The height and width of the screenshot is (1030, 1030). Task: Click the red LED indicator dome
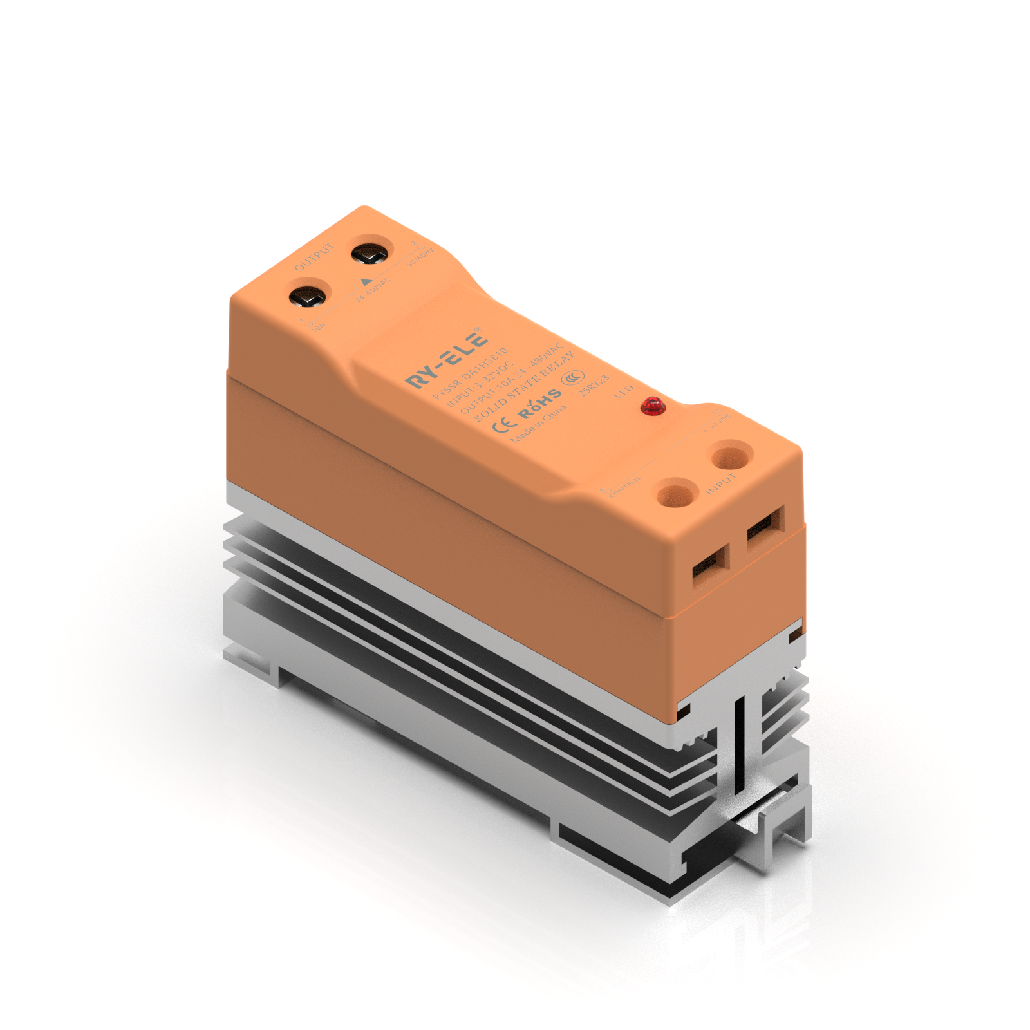click(x=653, y=406)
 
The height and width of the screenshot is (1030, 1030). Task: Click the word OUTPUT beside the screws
click(x=314, y=257)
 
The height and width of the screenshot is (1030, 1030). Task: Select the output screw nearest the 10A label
click(x=308, y=297)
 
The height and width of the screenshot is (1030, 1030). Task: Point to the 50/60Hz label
click(x=420, y=258)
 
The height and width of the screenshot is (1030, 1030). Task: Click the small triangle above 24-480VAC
click(x=366, y=281)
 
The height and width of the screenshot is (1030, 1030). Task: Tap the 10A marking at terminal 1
click(x=318, y=328)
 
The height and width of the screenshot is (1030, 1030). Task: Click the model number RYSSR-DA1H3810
click(x=470, y=373)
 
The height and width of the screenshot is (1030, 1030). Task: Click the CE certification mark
click(x=503, y=424)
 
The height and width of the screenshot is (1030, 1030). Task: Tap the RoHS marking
click(x=539, y=404)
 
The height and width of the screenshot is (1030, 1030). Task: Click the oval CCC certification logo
click(x=572, y=377)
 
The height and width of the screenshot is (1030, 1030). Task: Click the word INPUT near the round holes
click(x=720, y=484)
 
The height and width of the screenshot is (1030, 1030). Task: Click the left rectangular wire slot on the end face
click(x=709, y=566)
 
